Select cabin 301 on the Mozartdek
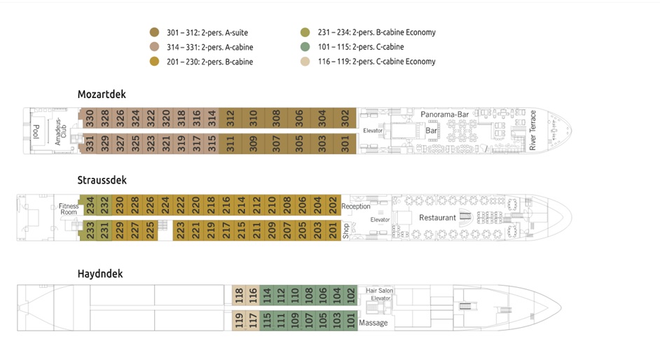(345, 144)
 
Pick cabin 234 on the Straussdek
(90, 205)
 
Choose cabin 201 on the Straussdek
(333, 230)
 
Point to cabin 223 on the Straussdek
(180, 230)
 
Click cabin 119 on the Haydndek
(239, 320)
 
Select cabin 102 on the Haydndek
(350, 295)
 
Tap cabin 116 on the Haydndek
(252, 295)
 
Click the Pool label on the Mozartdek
(36, 131)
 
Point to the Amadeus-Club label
(60, 131)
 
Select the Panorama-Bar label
(444, 114)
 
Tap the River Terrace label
(533, 130)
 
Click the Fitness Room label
(69, 209)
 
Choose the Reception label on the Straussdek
(356, 207)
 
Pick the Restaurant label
(437, 218)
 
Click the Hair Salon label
(378, 290)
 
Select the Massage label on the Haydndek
(373, 323)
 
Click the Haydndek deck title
(100, 274)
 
